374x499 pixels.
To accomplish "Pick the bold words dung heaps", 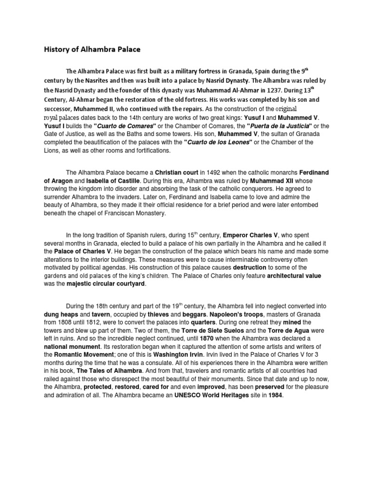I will (61, 314).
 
